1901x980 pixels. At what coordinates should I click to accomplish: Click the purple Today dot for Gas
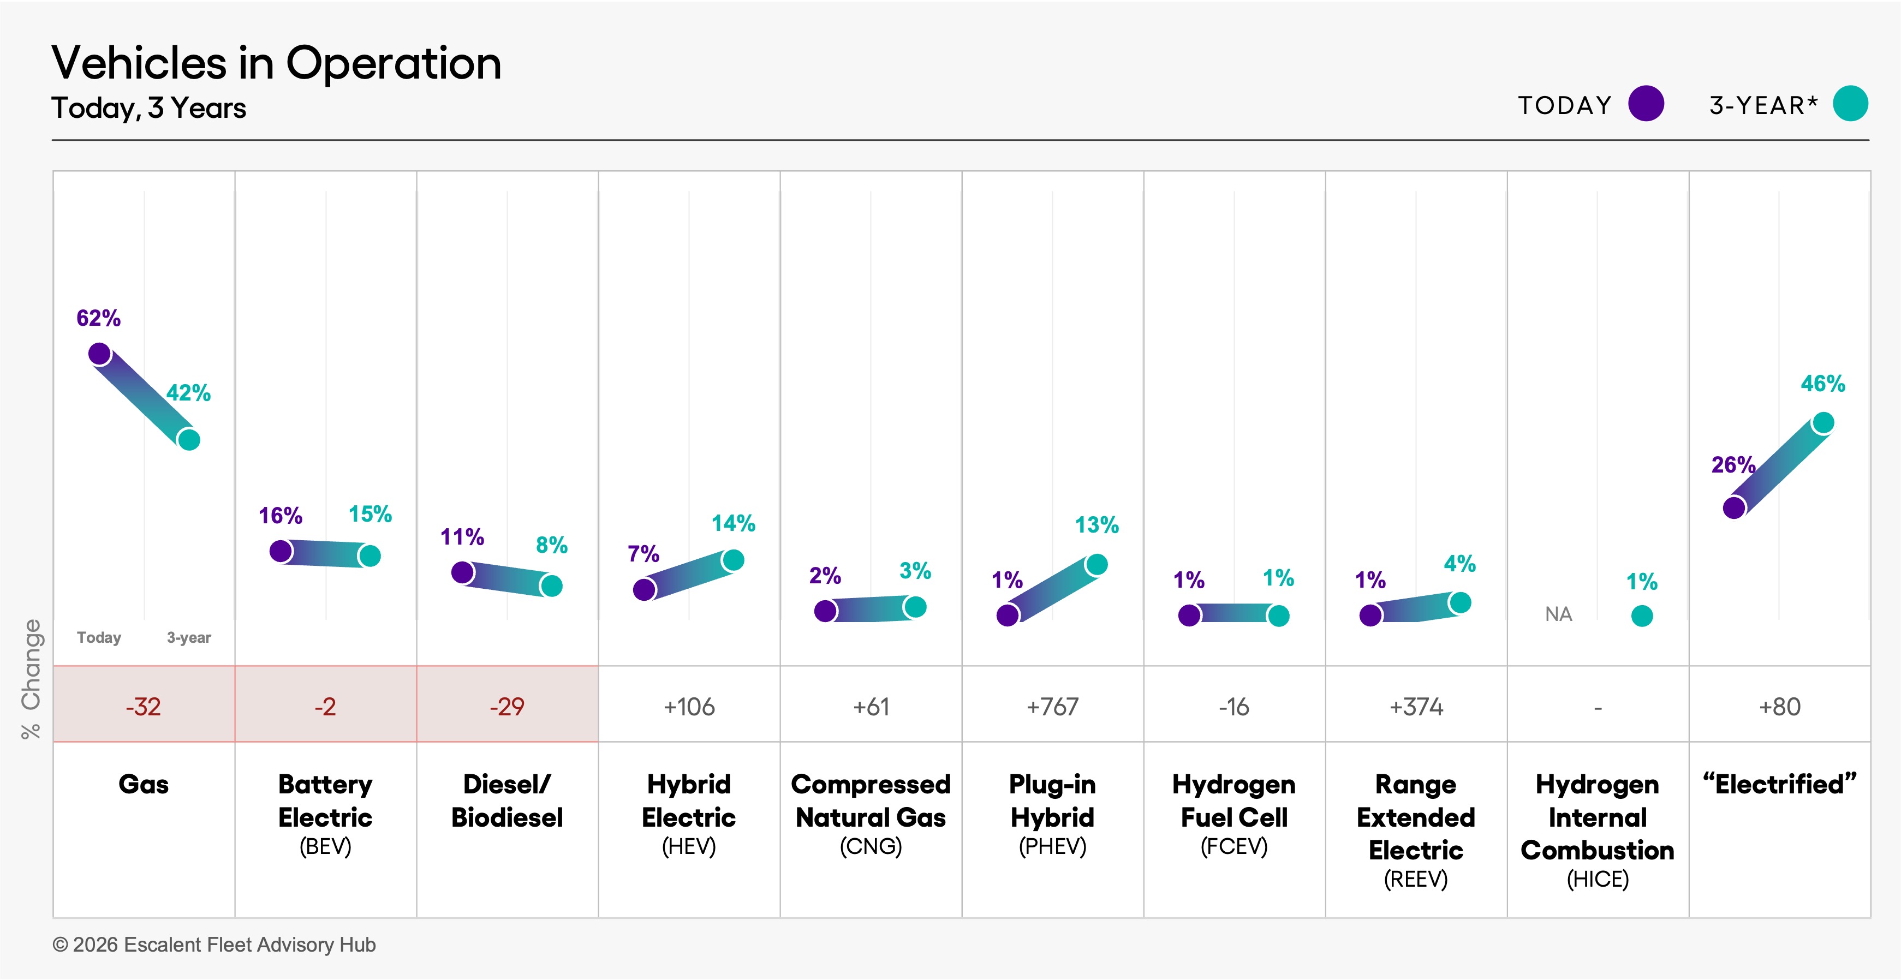tap(100, 354)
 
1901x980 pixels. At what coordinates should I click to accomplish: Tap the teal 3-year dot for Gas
tap(189, 440)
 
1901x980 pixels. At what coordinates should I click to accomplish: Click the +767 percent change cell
tap(1052, 707)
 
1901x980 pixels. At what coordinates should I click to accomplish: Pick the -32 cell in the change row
tap(143, 707)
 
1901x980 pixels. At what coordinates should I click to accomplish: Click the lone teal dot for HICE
tap(1641, 616)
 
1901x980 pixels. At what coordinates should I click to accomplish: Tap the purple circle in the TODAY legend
tap(1646, 104)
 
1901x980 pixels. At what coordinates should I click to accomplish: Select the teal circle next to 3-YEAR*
tap(1850, 104)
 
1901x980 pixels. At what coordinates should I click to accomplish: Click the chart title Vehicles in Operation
tap(276, 63)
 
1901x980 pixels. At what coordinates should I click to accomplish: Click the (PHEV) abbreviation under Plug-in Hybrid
tap(1052, 846)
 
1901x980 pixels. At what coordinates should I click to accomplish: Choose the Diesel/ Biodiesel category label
tap(507, 800)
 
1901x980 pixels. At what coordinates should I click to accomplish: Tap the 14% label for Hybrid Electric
tap(733, 523)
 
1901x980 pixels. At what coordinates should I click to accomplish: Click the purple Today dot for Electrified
tap(1733, 507)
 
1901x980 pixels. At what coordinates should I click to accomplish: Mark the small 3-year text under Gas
tap(188, 637)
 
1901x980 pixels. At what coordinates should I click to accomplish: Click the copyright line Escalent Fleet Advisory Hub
tap(214, 945)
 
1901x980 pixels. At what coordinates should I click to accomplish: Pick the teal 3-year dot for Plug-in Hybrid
tap(1096, 565)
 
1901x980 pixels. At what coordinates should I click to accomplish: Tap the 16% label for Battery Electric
tap(281, 516)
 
